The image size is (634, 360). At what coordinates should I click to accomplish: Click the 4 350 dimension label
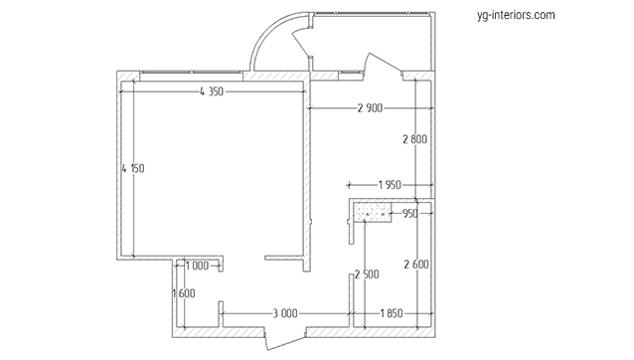212,91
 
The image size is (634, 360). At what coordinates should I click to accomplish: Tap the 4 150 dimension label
133,168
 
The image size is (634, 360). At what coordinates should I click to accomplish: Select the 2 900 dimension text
370,108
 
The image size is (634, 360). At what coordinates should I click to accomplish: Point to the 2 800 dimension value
414,139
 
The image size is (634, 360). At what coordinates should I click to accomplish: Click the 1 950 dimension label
390,185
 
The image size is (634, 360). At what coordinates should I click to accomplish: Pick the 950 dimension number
410,214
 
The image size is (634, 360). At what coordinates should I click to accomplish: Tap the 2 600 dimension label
416,265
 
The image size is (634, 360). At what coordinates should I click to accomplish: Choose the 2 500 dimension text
367,274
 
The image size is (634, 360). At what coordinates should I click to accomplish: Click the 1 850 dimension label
392,313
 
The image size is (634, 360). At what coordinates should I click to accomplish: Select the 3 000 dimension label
285,313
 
